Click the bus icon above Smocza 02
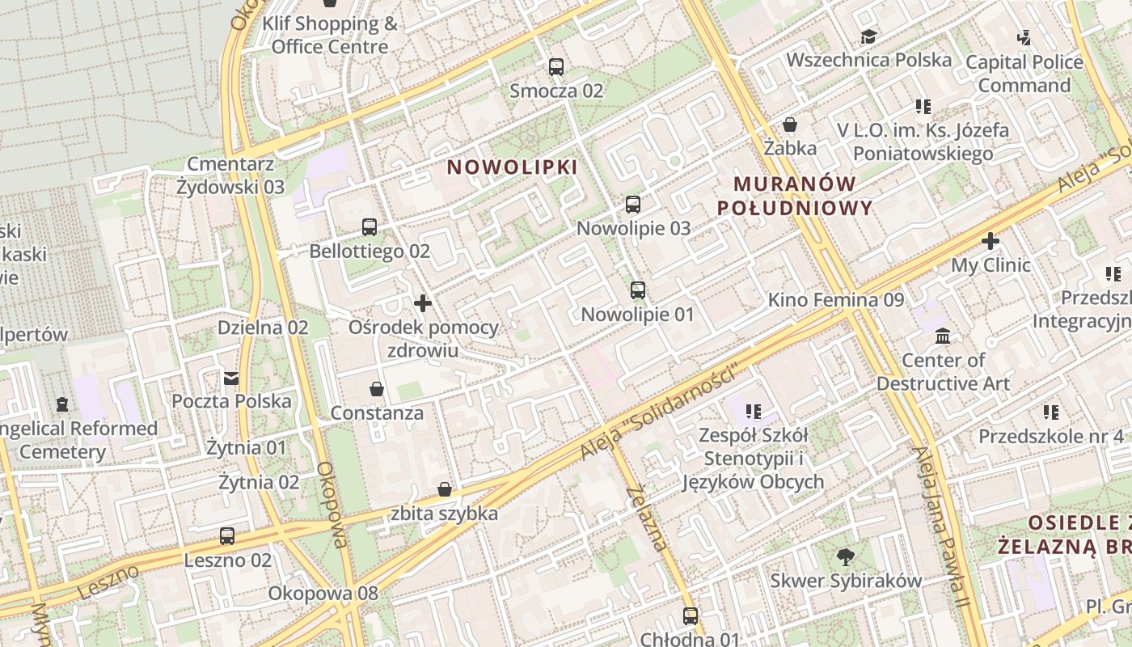coord(555,67)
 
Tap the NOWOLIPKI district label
coord(513,167)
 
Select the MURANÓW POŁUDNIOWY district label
coord(795,196)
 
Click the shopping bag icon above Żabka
coord(790,125)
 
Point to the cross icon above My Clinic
coord(990,241)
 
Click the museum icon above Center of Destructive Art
coord(943,336)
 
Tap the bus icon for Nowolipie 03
coord(633,205)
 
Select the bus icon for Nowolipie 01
coord(638,290)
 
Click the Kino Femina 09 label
coord(836,300)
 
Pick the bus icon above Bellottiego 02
coord(370,227)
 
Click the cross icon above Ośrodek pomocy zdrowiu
coord(423,304)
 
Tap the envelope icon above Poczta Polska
coord(231,378)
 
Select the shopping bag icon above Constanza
coord(377,390)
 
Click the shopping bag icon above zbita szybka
coord(445,489)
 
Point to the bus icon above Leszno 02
coord(227,536)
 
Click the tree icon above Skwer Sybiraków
coord(846,557)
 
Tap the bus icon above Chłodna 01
coord(691,616)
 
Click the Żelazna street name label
coord(647,518)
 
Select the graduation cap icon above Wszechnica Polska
coord(869,37)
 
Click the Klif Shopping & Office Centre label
coord(331,36)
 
